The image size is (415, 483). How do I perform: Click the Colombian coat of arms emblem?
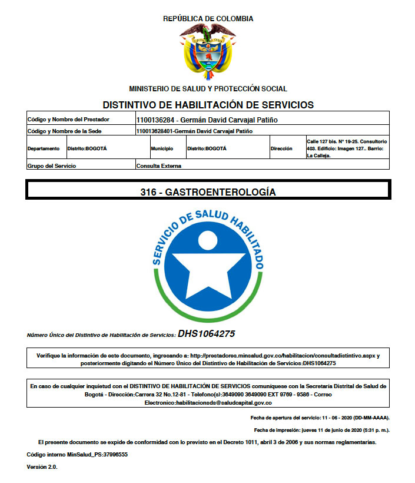208,52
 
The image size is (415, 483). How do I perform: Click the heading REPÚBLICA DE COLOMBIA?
208,19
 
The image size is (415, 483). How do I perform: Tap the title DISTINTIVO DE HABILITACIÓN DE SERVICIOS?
208,105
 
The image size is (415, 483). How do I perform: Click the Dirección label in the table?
281,148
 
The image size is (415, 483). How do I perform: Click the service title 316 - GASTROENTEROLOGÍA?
208,192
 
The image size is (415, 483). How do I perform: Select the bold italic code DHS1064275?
207,334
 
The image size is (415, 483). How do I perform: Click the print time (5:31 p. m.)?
373,430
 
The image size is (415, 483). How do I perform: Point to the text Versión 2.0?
42,467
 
